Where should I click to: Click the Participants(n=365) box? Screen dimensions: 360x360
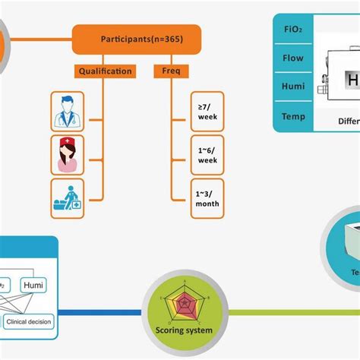click(137, 39)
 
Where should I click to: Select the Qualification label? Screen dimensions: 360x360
click(105, 71)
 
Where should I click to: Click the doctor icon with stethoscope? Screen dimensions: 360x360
click(67, 112)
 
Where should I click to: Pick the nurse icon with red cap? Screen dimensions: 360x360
click(67, 154)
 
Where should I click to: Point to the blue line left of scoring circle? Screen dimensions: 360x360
click(99, 312)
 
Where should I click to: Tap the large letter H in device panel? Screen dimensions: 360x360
click(354, 82)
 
